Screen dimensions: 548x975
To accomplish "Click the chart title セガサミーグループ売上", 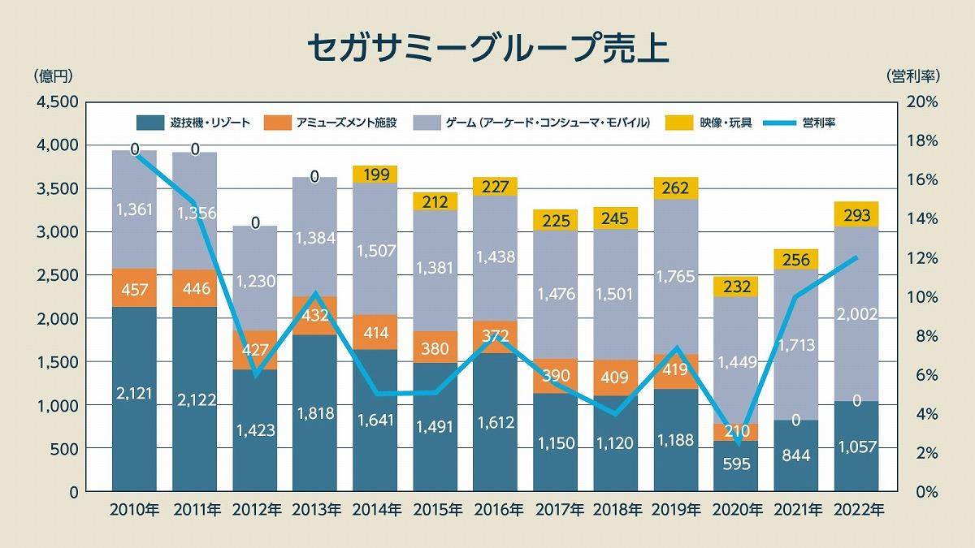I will tap(487, 47).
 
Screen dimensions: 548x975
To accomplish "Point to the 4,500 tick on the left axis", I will tap(55, 102).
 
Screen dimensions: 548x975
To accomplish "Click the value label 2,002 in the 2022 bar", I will tap(856, 314).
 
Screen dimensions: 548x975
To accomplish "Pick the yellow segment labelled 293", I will tap(856, 215).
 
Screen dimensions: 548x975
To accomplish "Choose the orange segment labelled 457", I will tap(135, 290).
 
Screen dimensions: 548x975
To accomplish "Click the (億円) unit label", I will tap(54, 76).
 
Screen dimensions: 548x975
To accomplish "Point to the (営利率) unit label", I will tap(912, 76).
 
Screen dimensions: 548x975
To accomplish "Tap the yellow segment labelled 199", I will tap(375, 174).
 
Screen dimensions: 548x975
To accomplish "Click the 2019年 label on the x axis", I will tap(677, 511).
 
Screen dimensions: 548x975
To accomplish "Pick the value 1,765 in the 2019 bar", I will tap(676, 277).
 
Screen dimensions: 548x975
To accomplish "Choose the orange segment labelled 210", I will tap(736, 432).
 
